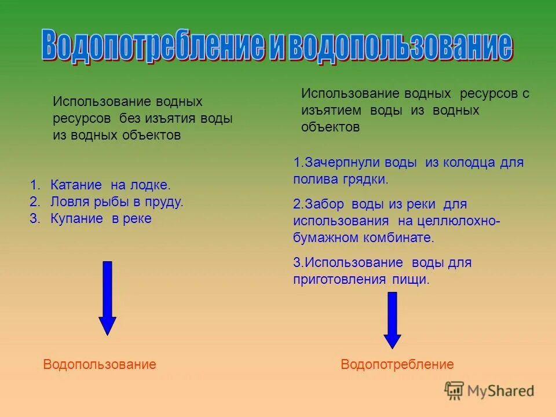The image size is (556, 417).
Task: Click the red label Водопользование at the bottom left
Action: pyautogui.click(x=100, y=364)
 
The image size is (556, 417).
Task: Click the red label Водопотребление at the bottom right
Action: pyautogui.click(x=397, y=364)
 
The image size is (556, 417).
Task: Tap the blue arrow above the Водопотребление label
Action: pyautogui.click(x=392, y=320)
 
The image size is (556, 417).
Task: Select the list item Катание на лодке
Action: pyautogui.click(x=110, y=185)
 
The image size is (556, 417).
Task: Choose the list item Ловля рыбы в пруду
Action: pyautogui.click(x=116, y=202)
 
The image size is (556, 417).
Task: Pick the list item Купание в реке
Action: pyautogui.click(x=101, y=219)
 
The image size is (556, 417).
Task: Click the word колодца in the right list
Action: pyautogui.click(x=469, y=163)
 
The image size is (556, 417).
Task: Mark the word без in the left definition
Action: pyautogui.click(x=131, y=119)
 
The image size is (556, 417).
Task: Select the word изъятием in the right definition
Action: pyautogui.click(x=331, y=111)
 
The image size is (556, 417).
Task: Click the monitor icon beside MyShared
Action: pyautogui.click(x=455, y=390)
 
